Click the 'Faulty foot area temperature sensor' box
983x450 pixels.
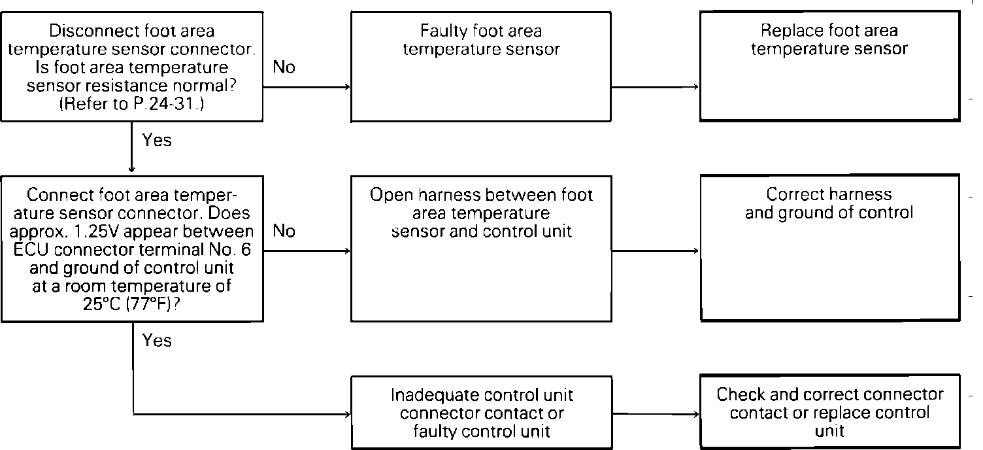pos(481,66)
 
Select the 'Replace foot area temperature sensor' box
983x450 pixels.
pos(829,66)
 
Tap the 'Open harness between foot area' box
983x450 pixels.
pos(481,248)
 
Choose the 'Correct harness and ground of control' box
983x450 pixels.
pos(829,248)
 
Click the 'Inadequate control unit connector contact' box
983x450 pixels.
pos(481,413)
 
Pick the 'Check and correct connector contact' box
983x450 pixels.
pos(829,412)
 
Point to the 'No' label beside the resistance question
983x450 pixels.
pos(284,67)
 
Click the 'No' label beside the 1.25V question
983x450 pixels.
pos(284,231)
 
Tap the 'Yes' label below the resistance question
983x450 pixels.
pos(157,139)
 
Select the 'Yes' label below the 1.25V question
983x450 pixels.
pos(157,340)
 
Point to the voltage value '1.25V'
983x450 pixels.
pos(134,232)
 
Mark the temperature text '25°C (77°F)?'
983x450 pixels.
pos(133,303)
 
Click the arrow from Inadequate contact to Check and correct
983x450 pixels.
pos(655,415)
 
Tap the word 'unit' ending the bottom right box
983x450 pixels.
pos(829,430)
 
